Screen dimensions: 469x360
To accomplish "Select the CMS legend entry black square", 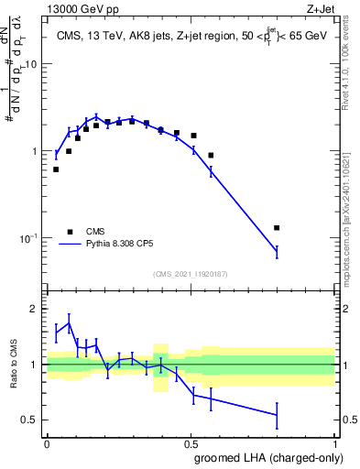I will coord(69,232).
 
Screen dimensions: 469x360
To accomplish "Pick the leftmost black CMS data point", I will coord(56,169).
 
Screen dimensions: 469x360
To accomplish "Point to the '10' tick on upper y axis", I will coord(33,65).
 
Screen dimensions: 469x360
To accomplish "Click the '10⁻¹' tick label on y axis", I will coord(29,238).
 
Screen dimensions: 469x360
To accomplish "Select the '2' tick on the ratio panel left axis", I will coord(37,309).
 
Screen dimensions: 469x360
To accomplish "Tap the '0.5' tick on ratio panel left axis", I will coord(32,420).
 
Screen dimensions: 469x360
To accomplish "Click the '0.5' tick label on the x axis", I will coord(191,442).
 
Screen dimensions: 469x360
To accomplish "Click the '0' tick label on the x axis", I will coord(47,442).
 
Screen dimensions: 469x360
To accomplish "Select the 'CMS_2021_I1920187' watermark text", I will coord(190,274).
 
